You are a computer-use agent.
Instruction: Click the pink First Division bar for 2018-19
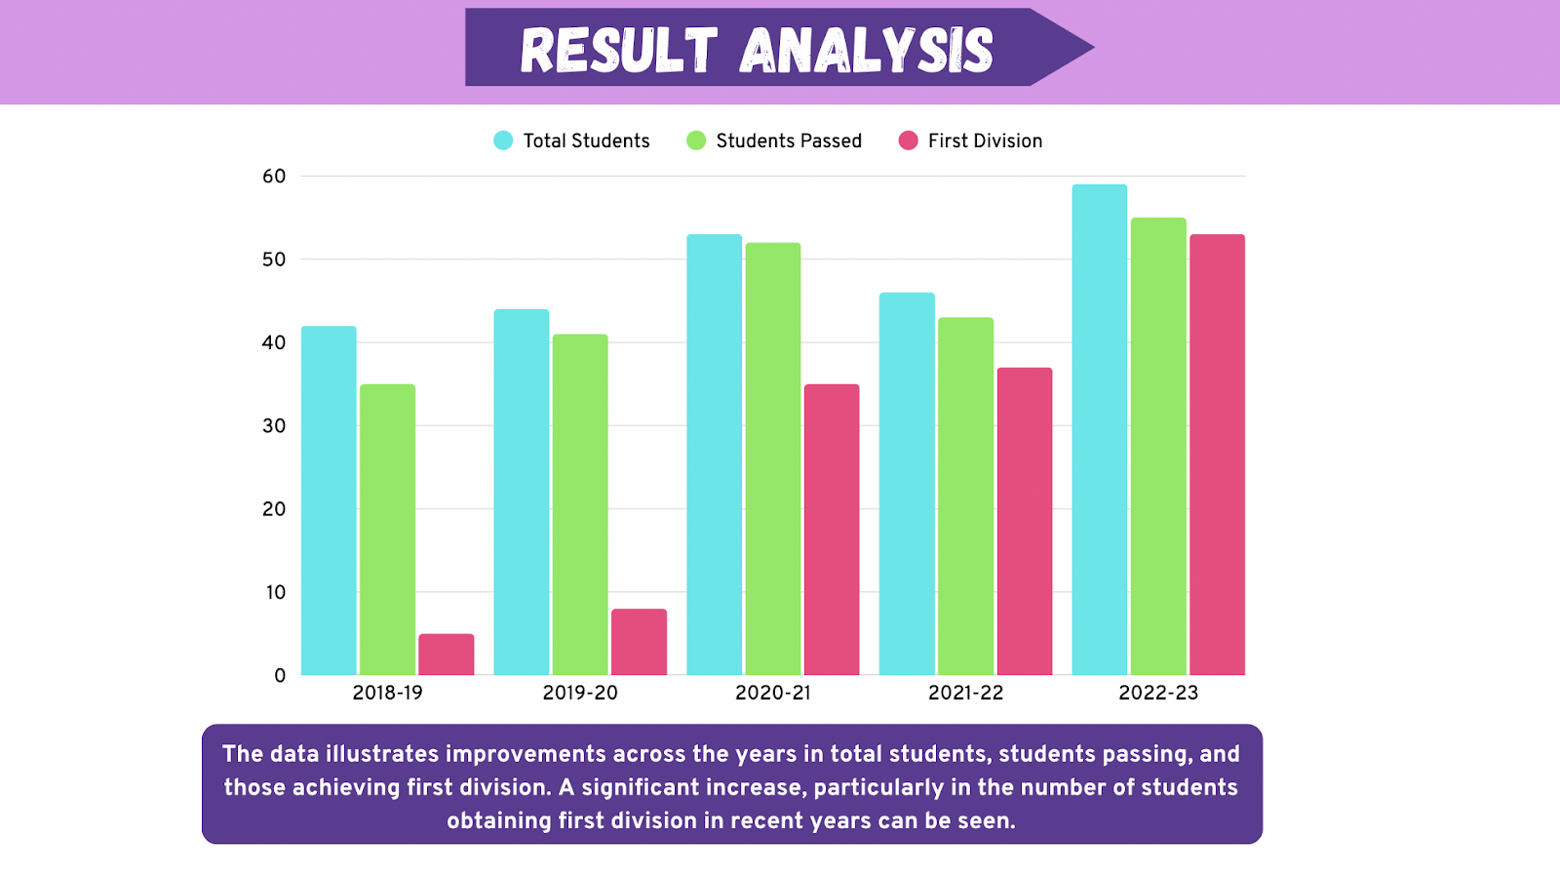pyautogui.click(x=447, y=655)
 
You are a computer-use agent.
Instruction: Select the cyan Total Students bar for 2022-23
pyautogui.click(x=1099, y=429)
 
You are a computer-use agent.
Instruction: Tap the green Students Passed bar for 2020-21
pyautogui.click(x=773, y=459)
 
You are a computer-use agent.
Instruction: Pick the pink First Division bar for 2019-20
pyautogui.click(x=639, y=642)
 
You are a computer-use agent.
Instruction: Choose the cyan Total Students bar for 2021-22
pyautogui.click(x=907, y=484)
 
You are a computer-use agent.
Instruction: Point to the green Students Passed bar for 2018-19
pyautogui.click(x=387, y=530)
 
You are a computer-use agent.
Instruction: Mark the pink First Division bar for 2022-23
pyautogui.click(x=1217, y=455)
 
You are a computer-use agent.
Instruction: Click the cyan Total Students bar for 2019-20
pyautogui.click(x=522, y=492)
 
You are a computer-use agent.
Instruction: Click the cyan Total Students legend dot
pyautogui.click(x=503, y=140)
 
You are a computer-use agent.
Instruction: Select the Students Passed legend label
pyautogui.click(x=789, y=140)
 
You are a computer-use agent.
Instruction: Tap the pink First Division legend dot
pyautogui.click(x=909, y=140)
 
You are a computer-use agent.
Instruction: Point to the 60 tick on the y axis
pyautogui.click(x=274, y=177)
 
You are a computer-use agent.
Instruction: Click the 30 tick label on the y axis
pyautogui.click(x=274, y=426)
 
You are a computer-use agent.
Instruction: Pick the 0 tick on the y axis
pyautogui.click(x=280, y=675)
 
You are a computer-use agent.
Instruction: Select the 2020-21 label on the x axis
pyautogui.click(x=773, y=693)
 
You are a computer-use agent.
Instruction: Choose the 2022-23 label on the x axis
pyautogui.click(x=1158, y=693)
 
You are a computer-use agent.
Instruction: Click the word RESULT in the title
pyautogui.click(x=619, y=50)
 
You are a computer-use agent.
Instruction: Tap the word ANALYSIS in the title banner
pyautogui.click(x=867, y=50)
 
